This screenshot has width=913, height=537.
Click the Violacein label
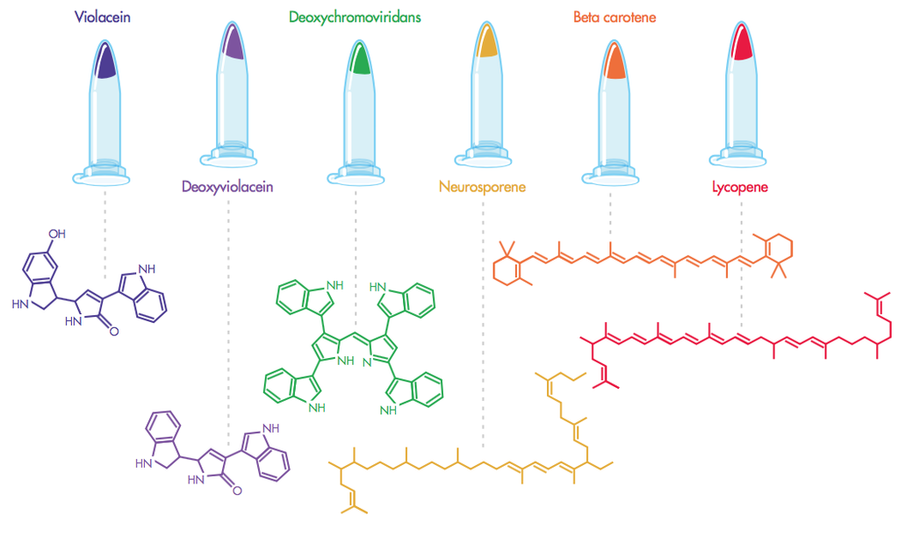[x=103, y=17]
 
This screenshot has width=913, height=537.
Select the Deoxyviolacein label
[x=227, y=186]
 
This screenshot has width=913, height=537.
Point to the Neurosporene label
[x=482, y=186]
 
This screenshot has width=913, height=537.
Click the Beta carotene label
[x=614, y=17]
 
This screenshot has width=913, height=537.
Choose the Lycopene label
[x=740, y=186]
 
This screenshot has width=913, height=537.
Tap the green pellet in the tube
[x=358, y=61]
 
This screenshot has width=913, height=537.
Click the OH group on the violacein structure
[x=56, y=234]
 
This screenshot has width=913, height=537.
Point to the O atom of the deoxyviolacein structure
[x=237, y=491]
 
